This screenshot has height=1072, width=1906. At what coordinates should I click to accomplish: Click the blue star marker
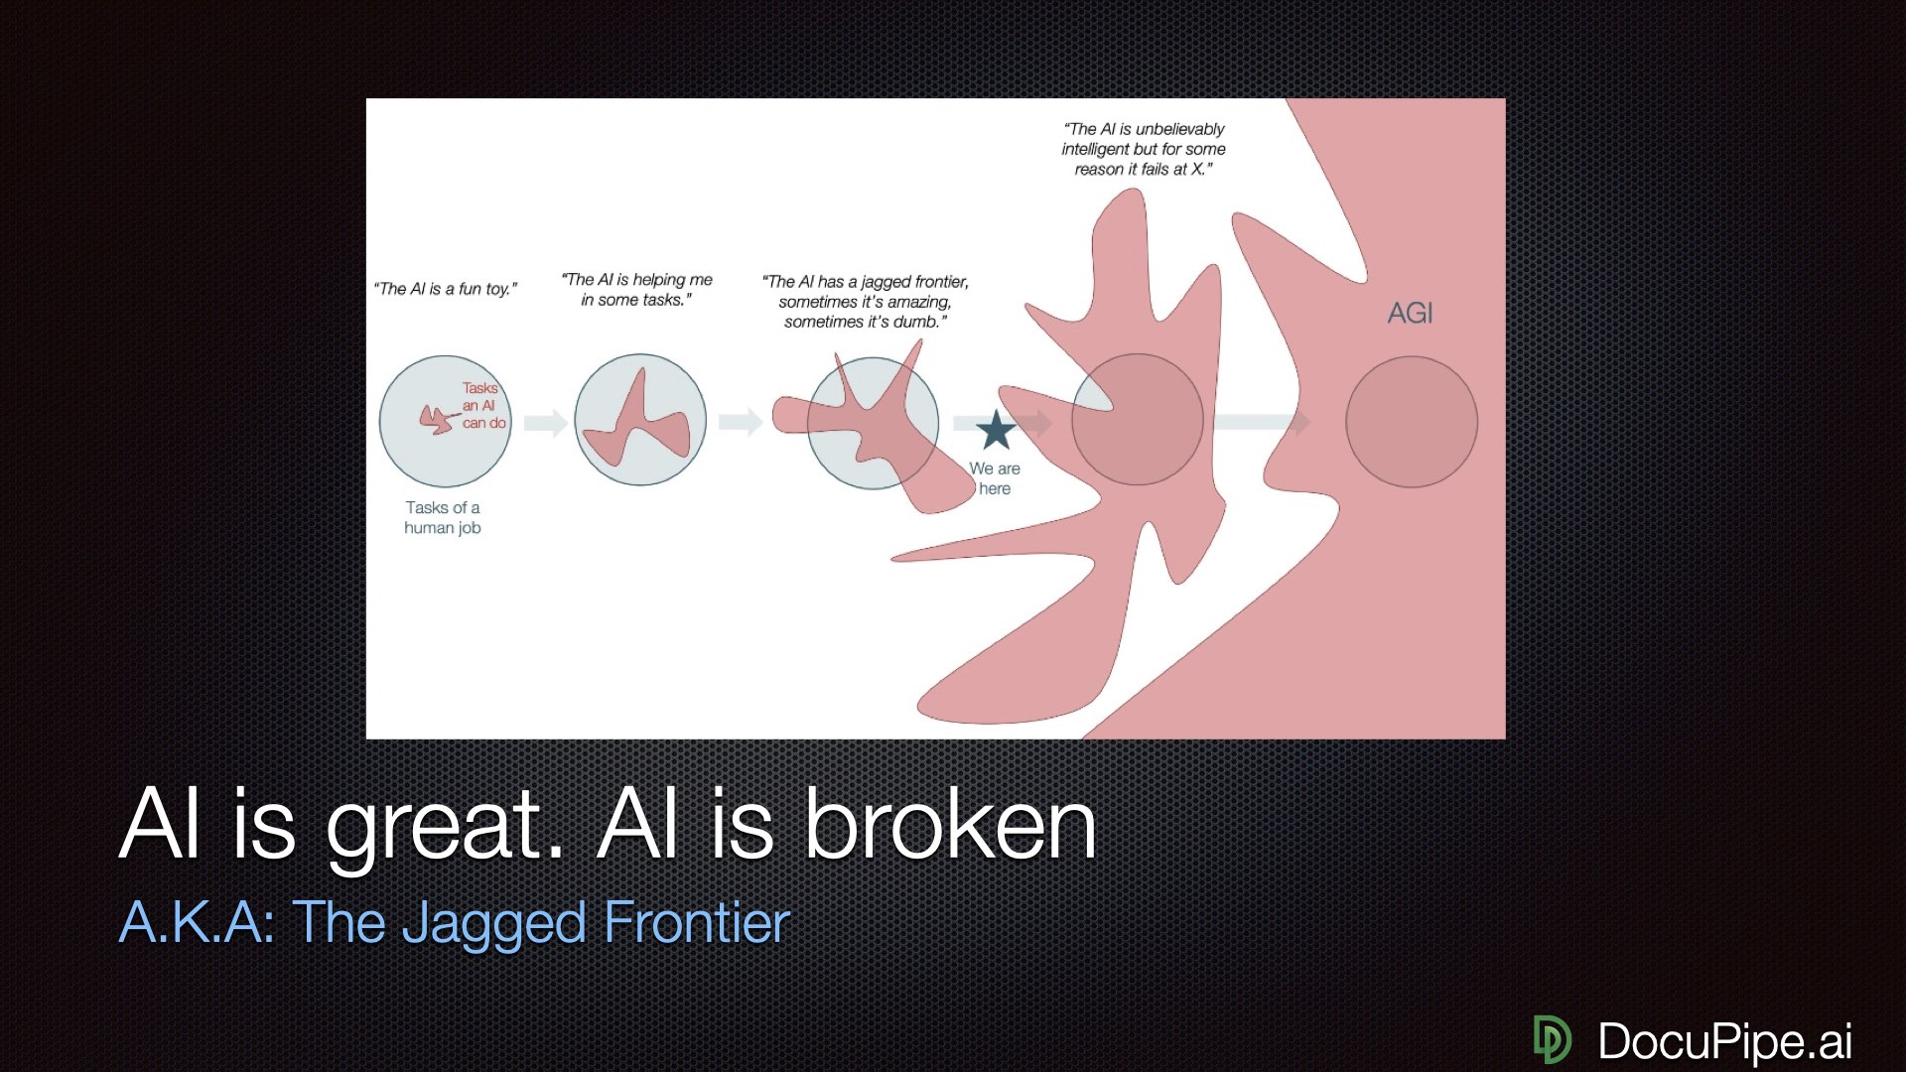[996, 431]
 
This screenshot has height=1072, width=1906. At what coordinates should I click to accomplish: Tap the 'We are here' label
[995, 478]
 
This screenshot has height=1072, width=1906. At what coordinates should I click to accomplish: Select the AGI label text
[1410, 314]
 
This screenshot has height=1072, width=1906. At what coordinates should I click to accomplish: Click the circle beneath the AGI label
[1411, 422]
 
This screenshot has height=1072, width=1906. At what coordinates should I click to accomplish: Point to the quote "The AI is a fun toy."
[446, 289]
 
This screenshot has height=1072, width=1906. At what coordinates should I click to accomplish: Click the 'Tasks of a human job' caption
[443, 517]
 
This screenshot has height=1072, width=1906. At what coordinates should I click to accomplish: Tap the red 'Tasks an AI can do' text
[482, 406]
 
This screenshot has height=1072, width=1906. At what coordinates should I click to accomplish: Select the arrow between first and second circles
[545, 423]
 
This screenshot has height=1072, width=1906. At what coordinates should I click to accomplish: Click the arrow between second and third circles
[740, 422]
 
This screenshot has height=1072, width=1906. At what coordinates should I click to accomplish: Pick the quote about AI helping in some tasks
[637, 290]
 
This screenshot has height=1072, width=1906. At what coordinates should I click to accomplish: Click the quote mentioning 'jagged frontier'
[866, 302]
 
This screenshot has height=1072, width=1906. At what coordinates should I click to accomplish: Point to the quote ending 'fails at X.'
[1144, 149]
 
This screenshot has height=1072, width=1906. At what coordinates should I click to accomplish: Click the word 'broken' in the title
[949, 826]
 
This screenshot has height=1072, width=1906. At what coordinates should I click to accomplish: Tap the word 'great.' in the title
[445, 826]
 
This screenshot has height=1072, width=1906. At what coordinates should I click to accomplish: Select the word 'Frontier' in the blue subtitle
[696, 922]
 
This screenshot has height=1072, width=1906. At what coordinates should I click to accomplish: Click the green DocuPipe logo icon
[1552, 1039]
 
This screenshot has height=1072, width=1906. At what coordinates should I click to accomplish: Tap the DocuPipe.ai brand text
[1724, 1040]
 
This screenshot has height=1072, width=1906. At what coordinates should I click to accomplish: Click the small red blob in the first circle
[436, 420]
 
